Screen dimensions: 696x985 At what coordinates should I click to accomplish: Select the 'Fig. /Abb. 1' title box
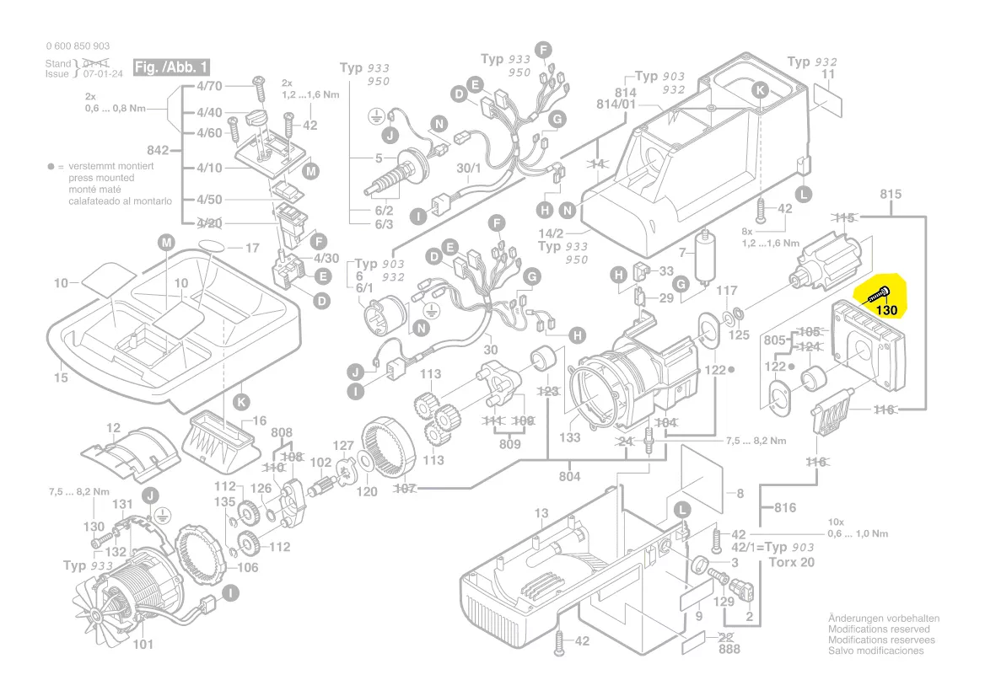[x=172, y=67]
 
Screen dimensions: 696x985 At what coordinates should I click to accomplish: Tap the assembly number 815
[x=890, y=195]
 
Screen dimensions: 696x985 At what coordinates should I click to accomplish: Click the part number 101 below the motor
[x=143, y=645]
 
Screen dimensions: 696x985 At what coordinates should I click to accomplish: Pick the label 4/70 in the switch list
[x=209, y=86]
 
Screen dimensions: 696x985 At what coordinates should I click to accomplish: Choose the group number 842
[x=158, y=151]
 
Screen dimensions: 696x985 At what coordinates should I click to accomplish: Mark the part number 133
[x=570, y=437]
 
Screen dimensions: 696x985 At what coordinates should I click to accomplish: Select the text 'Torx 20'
[x=792, y=562]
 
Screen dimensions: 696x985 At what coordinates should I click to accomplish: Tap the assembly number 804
[x=569, y=477]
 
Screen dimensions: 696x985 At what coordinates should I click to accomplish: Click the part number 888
[x=729, y=650]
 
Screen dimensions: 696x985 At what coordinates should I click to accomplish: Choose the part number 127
[x=343, y=446]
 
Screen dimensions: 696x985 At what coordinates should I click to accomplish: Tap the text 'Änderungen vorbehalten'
[x=883, y=618]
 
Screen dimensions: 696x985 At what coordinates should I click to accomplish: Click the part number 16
[x=259, y=420]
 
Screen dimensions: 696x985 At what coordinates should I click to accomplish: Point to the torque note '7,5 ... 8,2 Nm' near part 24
[x=756, y=441]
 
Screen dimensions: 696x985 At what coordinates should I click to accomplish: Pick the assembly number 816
[x=784, y=508]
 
